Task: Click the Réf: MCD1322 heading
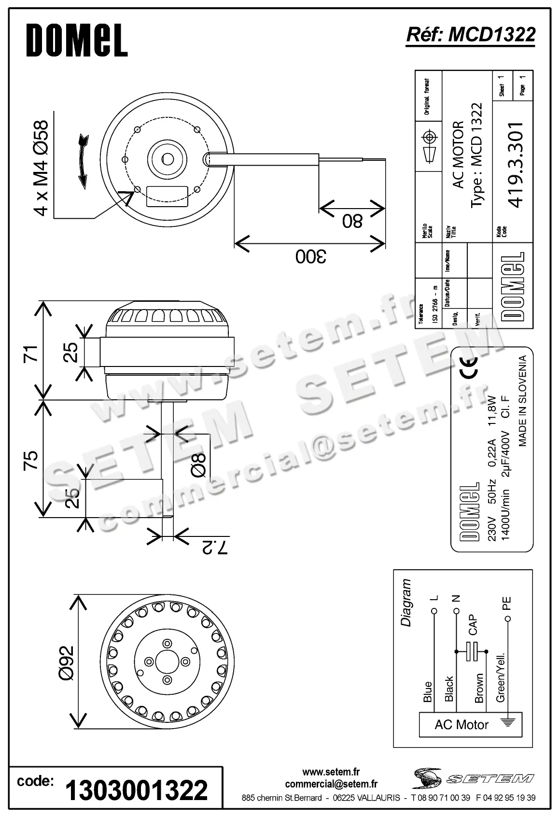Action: click(471, 34)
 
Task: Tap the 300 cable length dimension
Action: click(310, 256)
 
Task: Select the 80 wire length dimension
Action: click(352, 222)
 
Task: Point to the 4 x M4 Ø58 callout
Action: click(42, 168)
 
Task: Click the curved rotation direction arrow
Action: click(83, 161)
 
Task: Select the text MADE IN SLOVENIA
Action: click(522, 401)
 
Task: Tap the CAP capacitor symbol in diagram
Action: click(472, 652)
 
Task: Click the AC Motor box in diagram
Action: click(461, 725)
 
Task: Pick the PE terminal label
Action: click(506, 604)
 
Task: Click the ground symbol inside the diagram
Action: click(507, 723)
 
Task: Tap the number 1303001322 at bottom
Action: click(137, 790)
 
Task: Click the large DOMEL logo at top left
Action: click(77, 41)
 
